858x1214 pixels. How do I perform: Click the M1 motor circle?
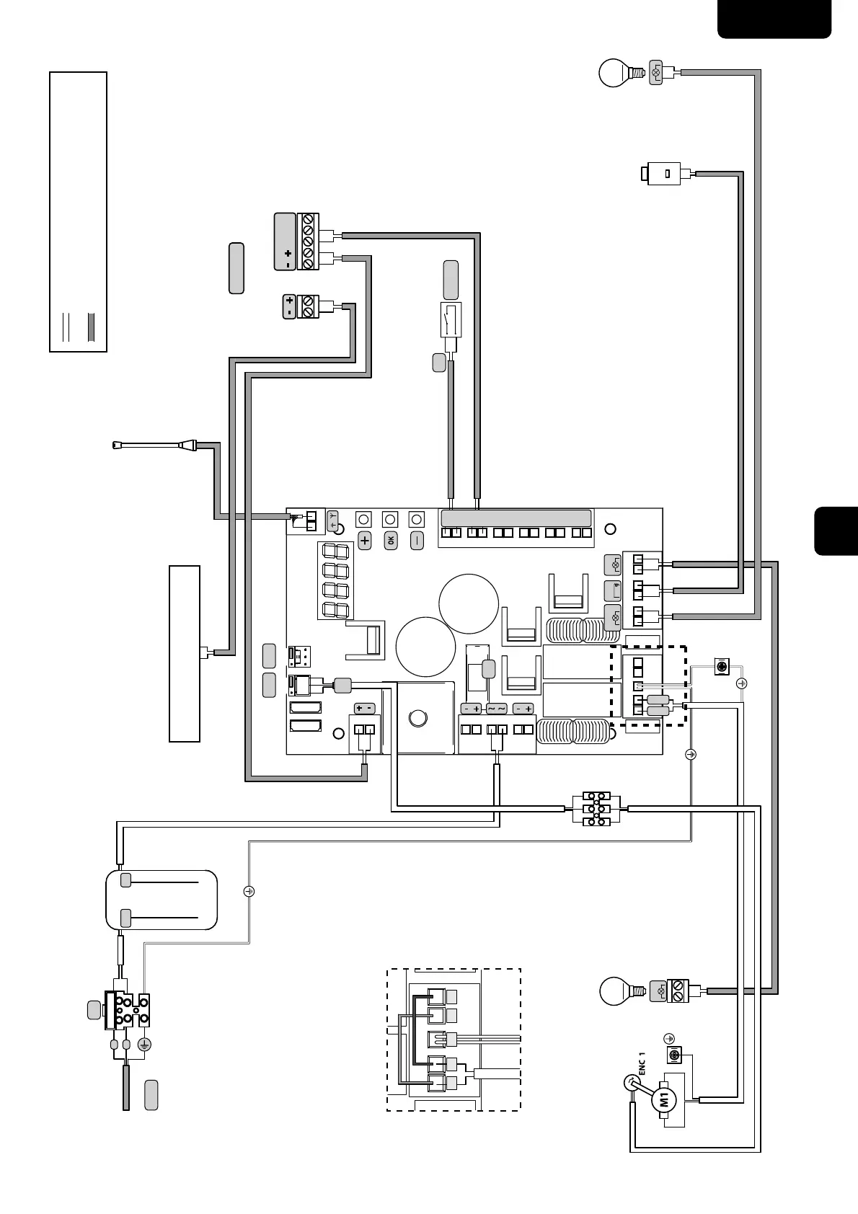pyautogui.click(x=665, y=1100)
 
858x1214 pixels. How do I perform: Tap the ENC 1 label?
pyautogui.click(x=641, y=1065)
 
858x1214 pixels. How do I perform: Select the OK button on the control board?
pyautogui.click(x=390, y=540)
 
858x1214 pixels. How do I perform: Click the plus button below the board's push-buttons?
pyautogui.click(x=364, y=540)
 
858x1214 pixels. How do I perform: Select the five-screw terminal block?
pyautogui.click(x=308, y=242)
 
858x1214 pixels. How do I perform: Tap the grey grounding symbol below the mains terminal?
pyautogui.click(x=144, y=1044)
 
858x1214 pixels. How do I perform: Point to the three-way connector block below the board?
pyautogui.click(x=596, y=809)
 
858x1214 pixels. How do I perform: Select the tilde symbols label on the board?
pyautogui.click(x=496, y=709)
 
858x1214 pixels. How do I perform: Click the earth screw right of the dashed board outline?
pyautogui.click(x=721, y=667)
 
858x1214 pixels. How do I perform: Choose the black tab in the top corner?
pyautogui.click(x=774, y=19)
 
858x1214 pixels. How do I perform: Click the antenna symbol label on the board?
pyautogui.click(x=332, y=520)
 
